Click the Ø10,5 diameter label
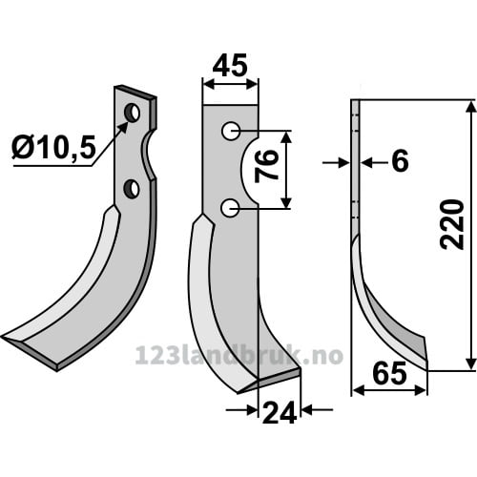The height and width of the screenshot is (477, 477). point(53,148)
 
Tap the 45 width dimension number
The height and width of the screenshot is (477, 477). point(230,66)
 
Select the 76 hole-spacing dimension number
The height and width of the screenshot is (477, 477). point(266,166)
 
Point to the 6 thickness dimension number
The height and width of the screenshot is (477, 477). point(400,161)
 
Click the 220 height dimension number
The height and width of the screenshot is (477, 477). point(451,224)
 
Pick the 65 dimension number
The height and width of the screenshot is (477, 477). point(390,373)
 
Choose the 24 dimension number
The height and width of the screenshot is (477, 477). point(280,412)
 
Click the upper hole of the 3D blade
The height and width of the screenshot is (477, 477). point(132,113)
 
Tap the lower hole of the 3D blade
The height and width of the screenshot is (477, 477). point(132,189)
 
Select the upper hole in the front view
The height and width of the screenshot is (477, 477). point(231,131)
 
